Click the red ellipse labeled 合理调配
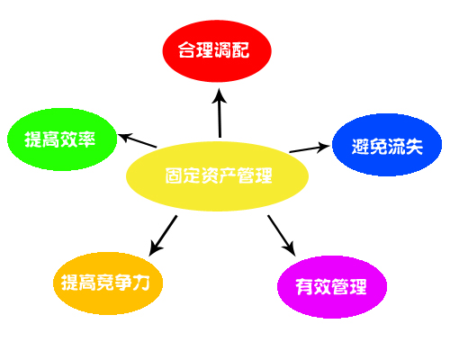(217, 50)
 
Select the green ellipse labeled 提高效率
(62, 139)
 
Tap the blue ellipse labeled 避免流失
(387, 145)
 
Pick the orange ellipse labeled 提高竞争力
(108, 283)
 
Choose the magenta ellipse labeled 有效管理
(332, 287)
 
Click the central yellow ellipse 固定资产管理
(217, 176)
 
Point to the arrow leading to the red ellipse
(220, 112)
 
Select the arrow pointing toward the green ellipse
(137, 140)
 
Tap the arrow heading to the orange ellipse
(163, 236)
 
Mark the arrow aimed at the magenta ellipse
(282, 236)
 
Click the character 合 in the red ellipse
(187, 49)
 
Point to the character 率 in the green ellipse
(86, 139)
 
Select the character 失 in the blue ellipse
(414, 147)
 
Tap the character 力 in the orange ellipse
(141, 283)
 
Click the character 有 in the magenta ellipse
(304, 287)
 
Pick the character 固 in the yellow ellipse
(174, 175)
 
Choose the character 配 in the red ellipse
(240, 49)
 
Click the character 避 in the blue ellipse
(361, 147)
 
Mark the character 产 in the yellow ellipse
(228, 175)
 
